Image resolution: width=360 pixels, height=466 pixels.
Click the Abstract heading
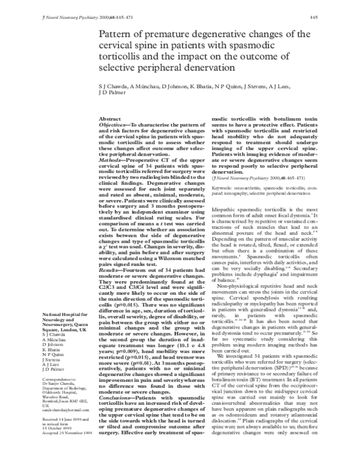point(110,120)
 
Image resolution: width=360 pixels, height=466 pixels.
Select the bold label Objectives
point(113,126)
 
